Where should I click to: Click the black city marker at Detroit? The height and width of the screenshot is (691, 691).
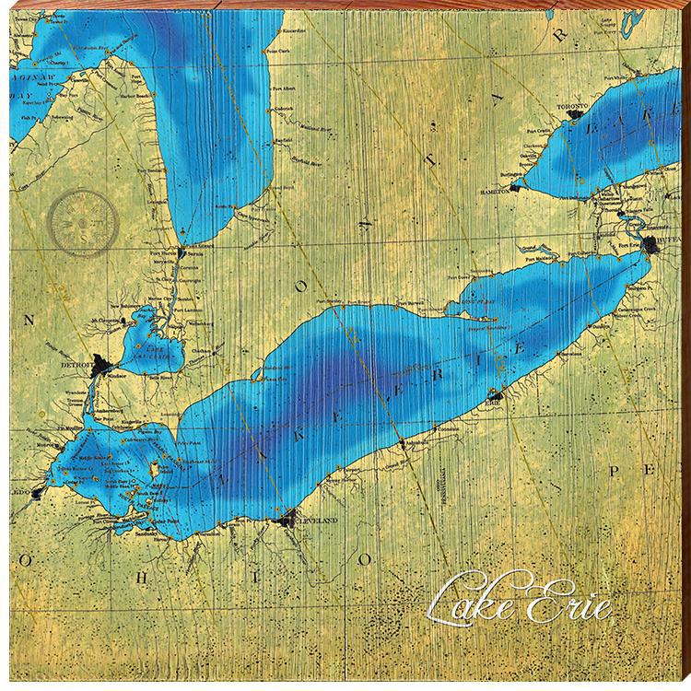point(99,366)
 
